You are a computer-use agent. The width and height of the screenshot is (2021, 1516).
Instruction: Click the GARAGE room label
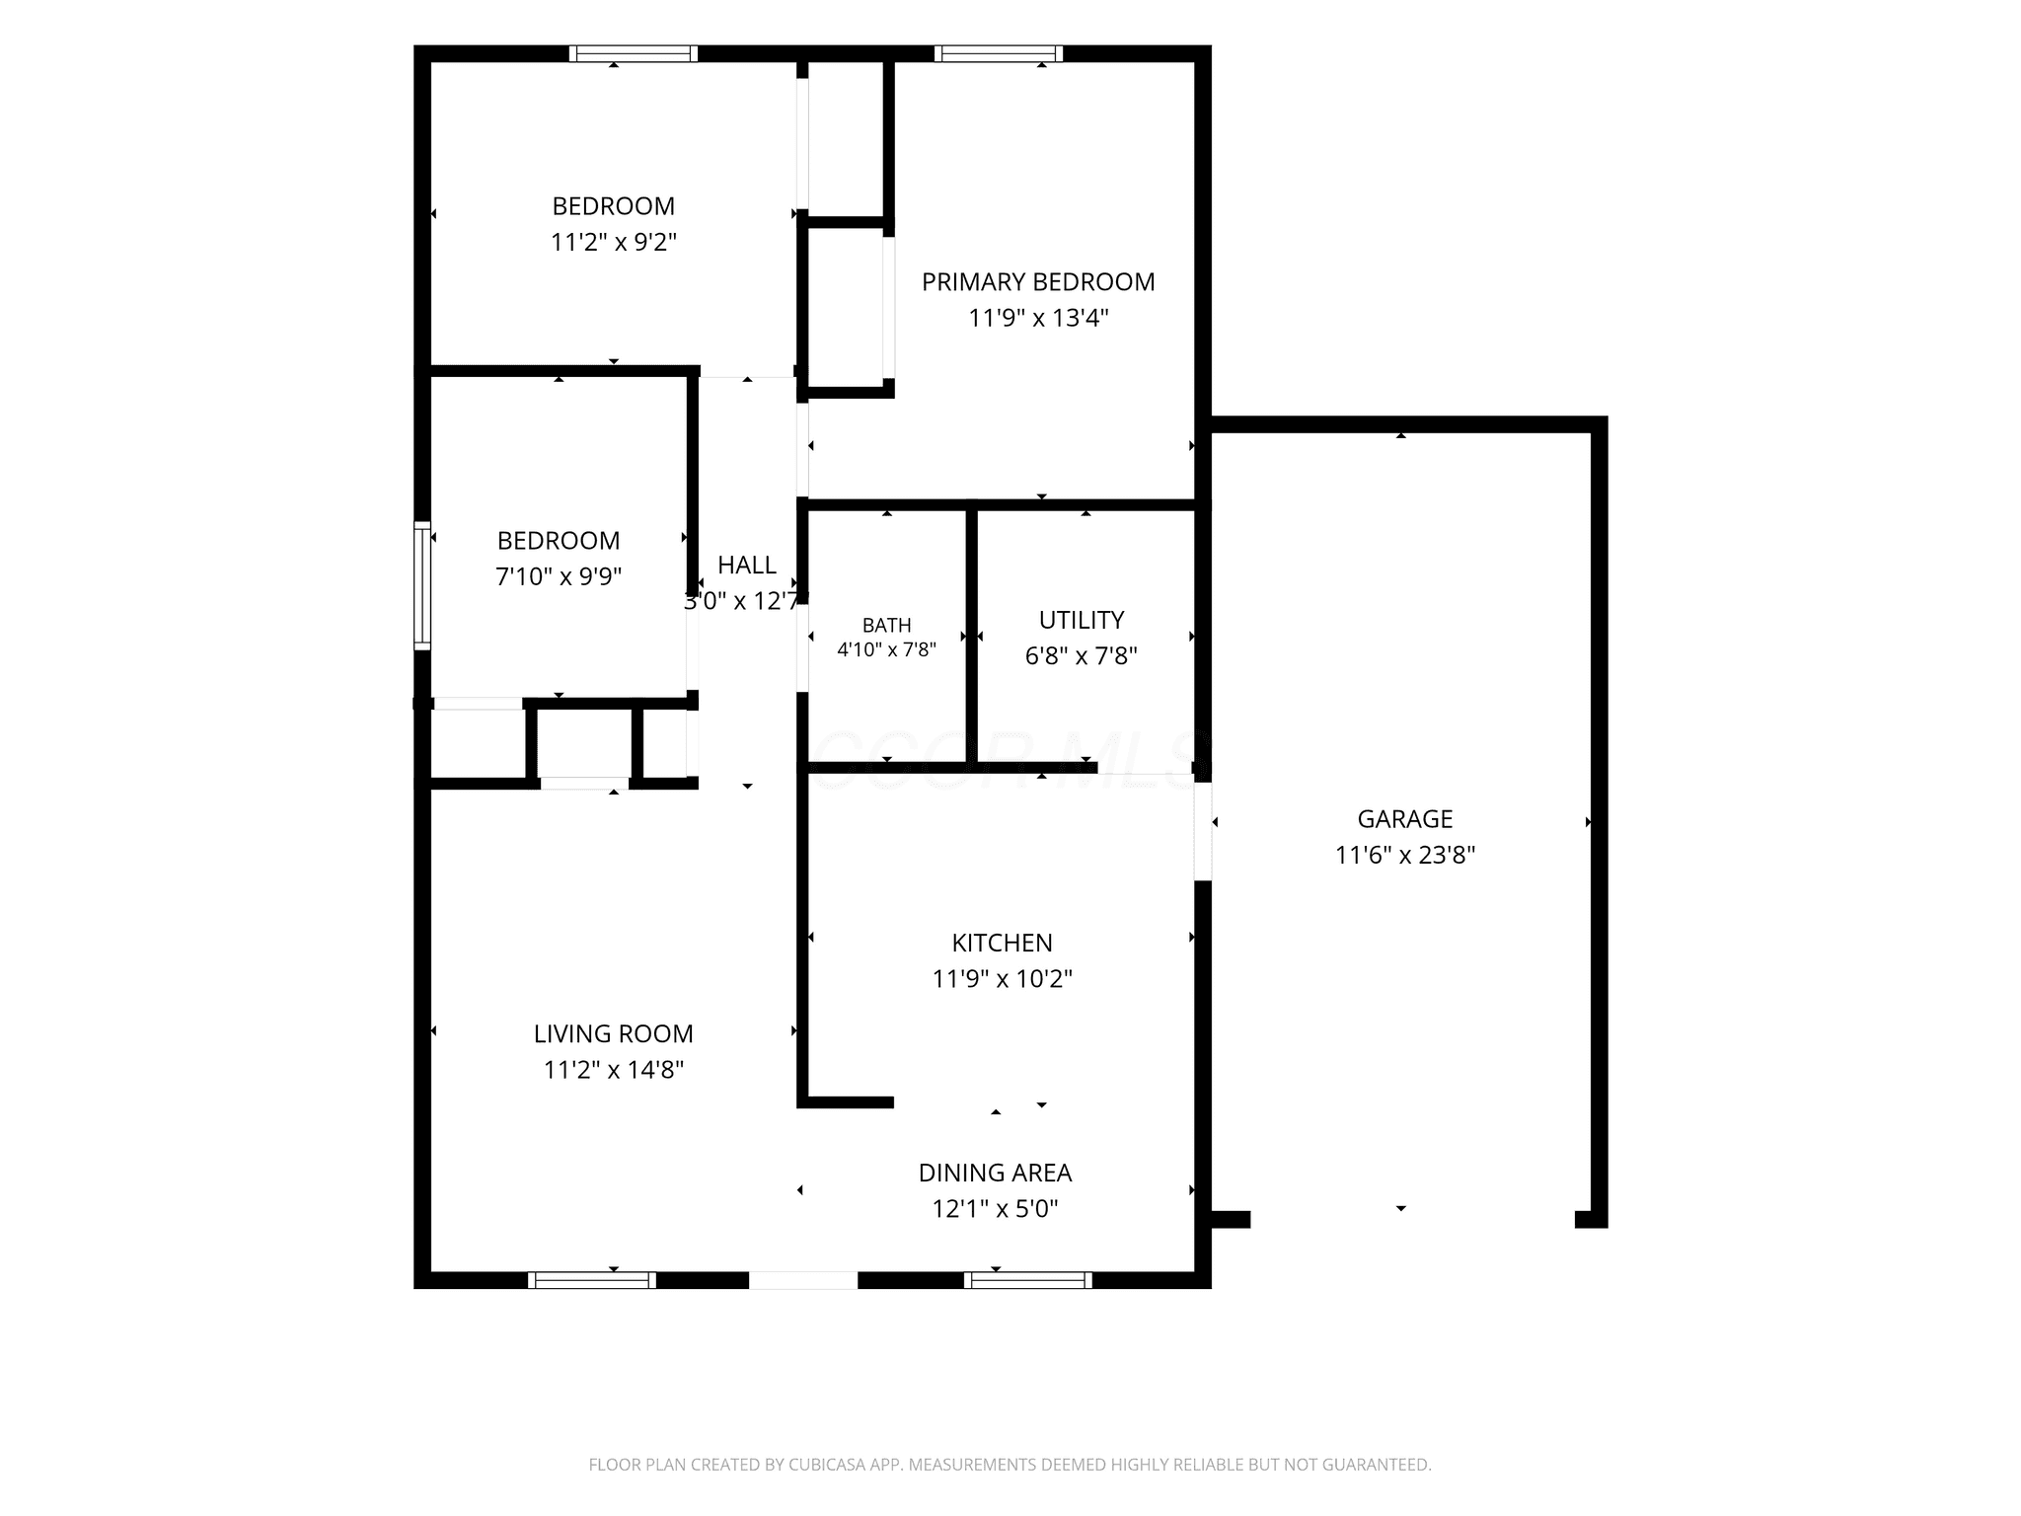point(1404,819)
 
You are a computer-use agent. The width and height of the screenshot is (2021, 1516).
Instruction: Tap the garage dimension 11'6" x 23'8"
point(1404,855)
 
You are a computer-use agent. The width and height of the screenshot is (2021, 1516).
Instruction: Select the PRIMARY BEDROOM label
point(1038,282)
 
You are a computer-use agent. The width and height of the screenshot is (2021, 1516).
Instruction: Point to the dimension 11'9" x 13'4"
point(1038,318)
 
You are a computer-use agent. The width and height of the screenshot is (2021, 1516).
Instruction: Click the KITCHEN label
point(1002,943)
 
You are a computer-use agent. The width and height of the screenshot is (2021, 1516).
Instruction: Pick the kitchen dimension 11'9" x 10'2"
point(1002,979)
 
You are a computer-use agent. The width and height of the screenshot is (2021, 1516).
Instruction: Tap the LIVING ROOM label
point(613,1033)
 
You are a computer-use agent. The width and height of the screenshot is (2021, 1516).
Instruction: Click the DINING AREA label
point(995,1173)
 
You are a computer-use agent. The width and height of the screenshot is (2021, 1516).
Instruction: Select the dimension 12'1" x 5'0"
point(995,1209)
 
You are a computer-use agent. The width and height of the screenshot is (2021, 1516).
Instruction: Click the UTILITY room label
point(1082,620)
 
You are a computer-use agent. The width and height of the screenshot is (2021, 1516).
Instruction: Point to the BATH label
point(886,626)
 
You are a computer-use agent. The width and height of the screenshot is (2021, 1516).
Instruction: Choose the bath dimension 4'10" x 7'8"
point(886,649)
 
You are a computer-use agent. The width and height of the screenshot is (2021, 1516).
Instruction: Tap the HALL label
point(747,565)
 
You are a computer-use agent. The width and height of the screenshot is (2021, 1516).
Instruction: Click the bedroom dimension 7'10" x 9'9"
point(559,576)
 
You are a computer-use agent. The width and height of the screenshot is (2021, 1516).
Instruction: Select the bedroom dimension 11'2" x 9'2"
point(613,242)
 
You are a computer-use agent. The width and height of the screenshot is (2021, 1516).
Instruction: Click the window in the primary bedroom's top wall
point(999,53)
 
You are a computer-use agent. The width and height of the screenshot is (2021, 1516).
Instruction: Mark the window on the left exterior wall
point(422,585)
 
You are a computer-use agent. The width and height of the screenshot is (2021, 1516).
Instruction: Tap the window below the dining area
point(1027,1280)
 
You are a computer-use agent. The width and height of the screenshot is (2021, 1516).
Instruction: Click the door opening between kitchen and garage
point(1203,831)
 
